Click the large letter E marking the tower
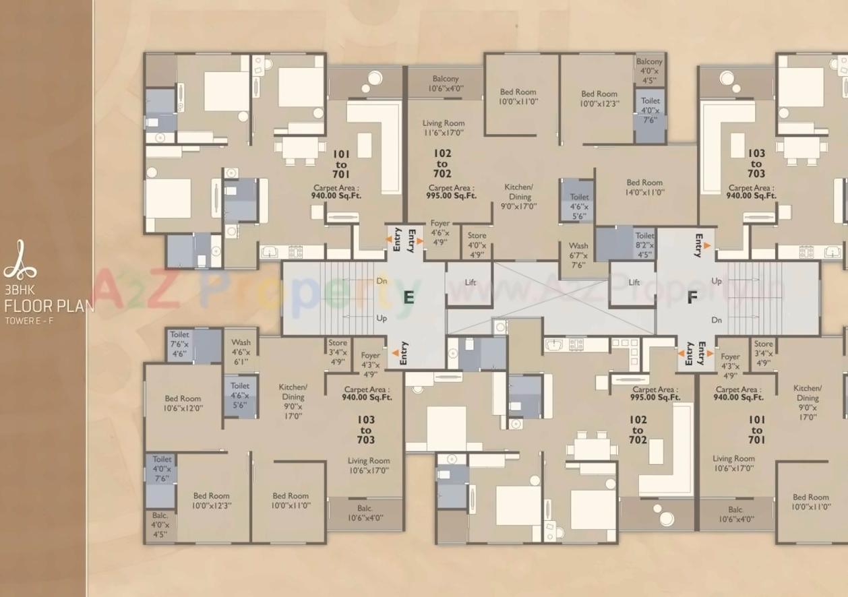408,297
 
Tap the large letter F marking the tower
692,298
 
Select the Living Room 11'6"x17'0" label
443,128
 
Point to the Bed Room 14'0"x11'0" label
644,187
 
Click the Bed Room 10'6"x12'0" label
183,404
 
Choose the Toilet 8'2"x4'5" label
644,245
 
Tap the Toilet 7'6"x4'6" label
179,344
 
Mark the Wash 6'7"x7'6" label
578,255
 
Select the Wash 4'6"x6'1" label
241,352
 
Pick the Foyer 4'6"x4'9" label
440,232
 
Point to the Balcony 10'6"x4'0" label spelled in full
446,84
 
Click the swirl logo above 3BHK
20,261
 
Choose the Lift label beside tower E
470,282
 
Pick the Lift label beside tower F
634,282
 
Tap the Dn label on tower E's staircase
382,281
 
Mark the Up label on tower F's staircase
716,281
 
